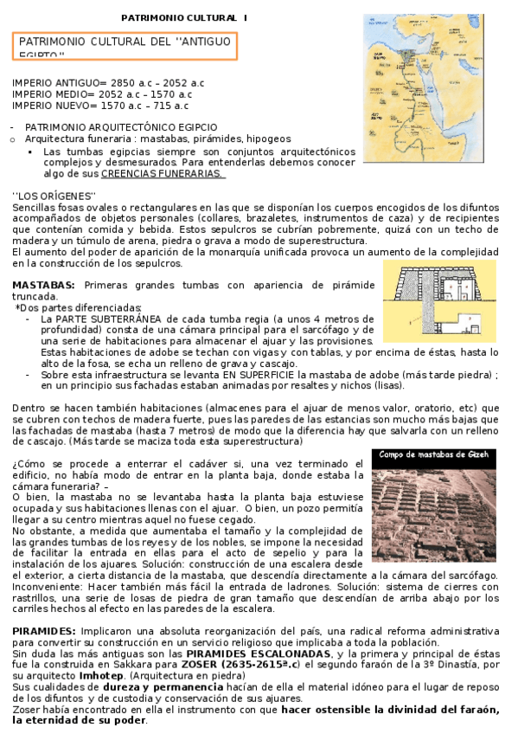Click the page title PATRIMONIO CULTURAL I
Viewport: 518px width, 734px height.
click(x=183, y=17)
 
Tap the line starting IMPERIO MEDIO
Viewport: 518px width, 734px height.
click(x=96, y=93)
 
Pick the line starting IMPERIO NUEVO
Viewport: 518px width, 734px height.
click(x=100, y=106)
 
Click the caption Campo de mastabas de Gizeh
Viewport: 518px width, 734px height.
click(x=435, y=455)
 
